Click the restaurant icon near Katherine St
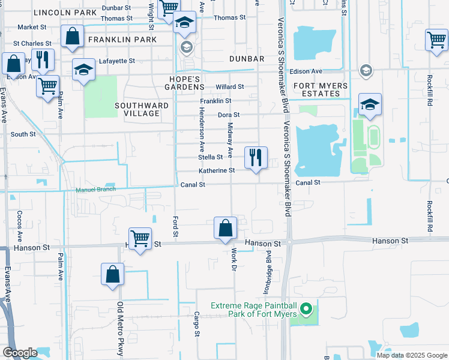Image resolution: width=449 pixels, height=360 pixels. (x=256, y=158)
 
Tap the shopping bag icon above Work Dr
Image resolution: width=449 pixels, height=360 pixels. (x=226, y=229)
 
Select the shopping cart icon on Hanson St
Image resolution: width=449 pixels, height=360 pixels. (x=140, y=238)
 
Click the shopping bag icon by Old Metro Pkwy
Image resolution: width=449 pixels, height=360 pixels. (x=112, y=275)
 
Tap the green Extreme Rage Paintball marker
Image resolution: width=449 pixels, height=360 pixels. (x=307, y=310)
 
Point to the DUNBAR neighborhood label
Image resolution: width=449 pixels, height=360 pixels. (x=247, y=59)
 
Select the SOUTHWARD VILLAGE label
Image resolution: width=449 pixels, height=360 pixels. (x=142, y=110)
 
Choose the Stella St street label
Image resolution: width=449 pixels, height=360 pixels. (x=211, y=157)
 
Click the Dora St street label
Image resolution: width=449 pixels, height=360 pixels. (x=229, y=115)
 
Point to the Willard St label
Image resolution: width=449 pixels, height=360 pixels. (x=230, y=87)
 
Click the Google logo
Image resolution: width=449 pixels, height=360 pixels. (x=20, y=352)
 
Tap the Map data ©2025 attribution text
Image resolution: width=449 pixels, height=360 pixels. (x=411, y=355)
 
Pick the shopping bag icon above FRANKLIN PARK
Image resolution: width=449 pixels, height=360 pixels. (x=72, y=36)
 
